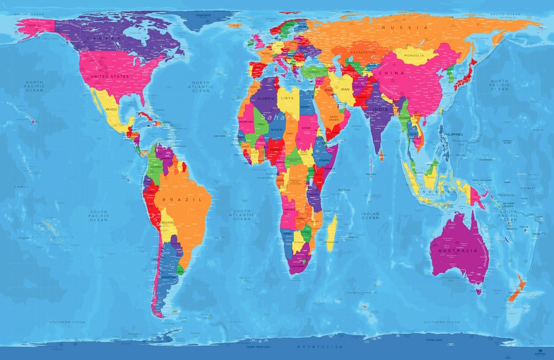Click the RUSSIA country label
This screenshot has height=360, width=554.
[x=405, y=28]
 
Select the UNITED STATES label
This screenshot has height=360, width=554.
[x=109, y=77]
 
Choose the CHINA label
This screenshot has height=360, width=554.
[x=392, y=73]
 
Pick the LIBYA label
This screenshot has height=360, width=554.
[x=287, y=99]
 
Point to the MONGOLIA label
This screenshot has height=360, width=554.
[x=414, y=56]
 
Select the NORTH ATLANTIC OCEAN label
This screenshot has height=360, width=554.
[x=201, y=86]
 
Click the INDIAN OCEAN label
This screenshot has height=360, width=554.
[x=370, y=215]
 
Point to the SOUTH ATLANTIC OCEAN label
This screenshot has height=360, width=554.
[x=242, y=214]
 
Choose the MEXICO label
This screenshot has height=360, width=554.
[x=111, y=109]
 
